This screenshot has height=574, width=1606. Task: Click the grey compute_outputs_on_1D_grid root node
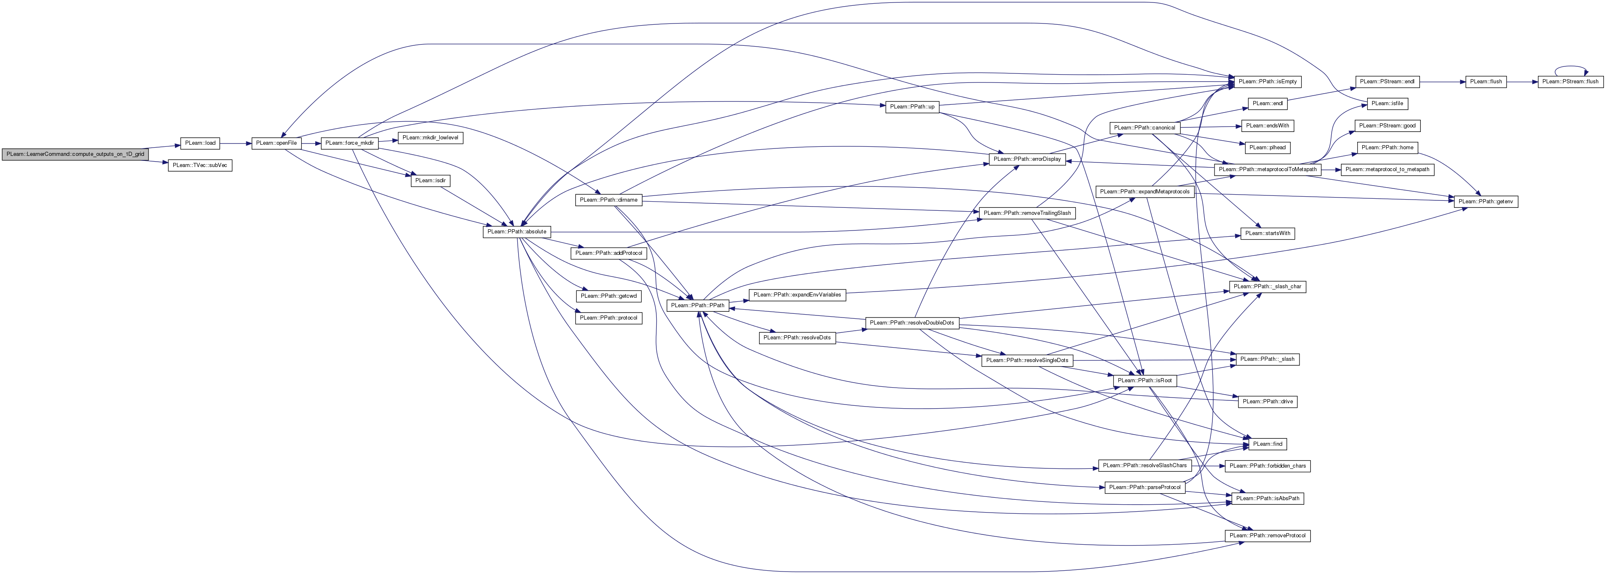pyautogui.click(x=75, y=154)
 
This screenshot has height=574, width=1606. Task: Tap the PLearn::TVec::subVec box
pyautogui.click(x=200, y=166)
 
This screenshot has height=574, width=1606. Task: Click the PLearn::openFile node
pyautogui.click(x=276, y=143)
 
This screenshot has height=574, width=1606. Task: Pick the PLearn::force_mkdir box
pyautogui.click(x=350, y=143)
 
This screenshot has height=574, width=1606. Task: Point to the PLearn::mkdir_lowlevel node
pyautogui.click(x=430, y=138)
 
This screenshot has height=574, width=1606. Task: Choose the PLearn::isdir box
pyautogui.click(x=430, y=181)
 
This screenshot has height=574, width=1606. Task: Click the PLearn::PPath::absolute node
pyautogui.click(x=517, y=232)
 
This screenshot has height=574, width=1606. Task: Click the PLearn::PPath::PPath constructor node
pyautogui.click(x=698, y=306)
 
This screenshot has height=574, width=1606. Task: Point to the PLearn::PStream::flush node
pyautogui.click(x=1569, y=82)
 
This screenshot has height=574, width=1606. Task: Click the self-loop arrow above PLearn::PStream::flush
pyautogui.click(x=1570, y=67)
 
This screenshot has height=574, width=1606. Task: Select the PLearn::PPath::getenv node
pyautogui.click(x=1486, y=202)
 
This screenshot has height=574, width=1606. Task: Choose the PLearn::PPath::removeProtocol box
pyautogui.click(x=1267, y=536)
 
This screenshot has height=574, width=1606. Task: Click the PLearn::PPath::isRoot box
pyautogui.click(x=1145, y=380)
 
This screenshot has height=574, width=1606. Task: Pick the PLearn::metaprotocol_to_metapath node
pyautogui.click(x=1387, y=169)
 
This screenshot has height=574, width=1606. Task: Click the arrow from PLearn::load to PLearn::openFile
pyautogui.click(x=236, y=143)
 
